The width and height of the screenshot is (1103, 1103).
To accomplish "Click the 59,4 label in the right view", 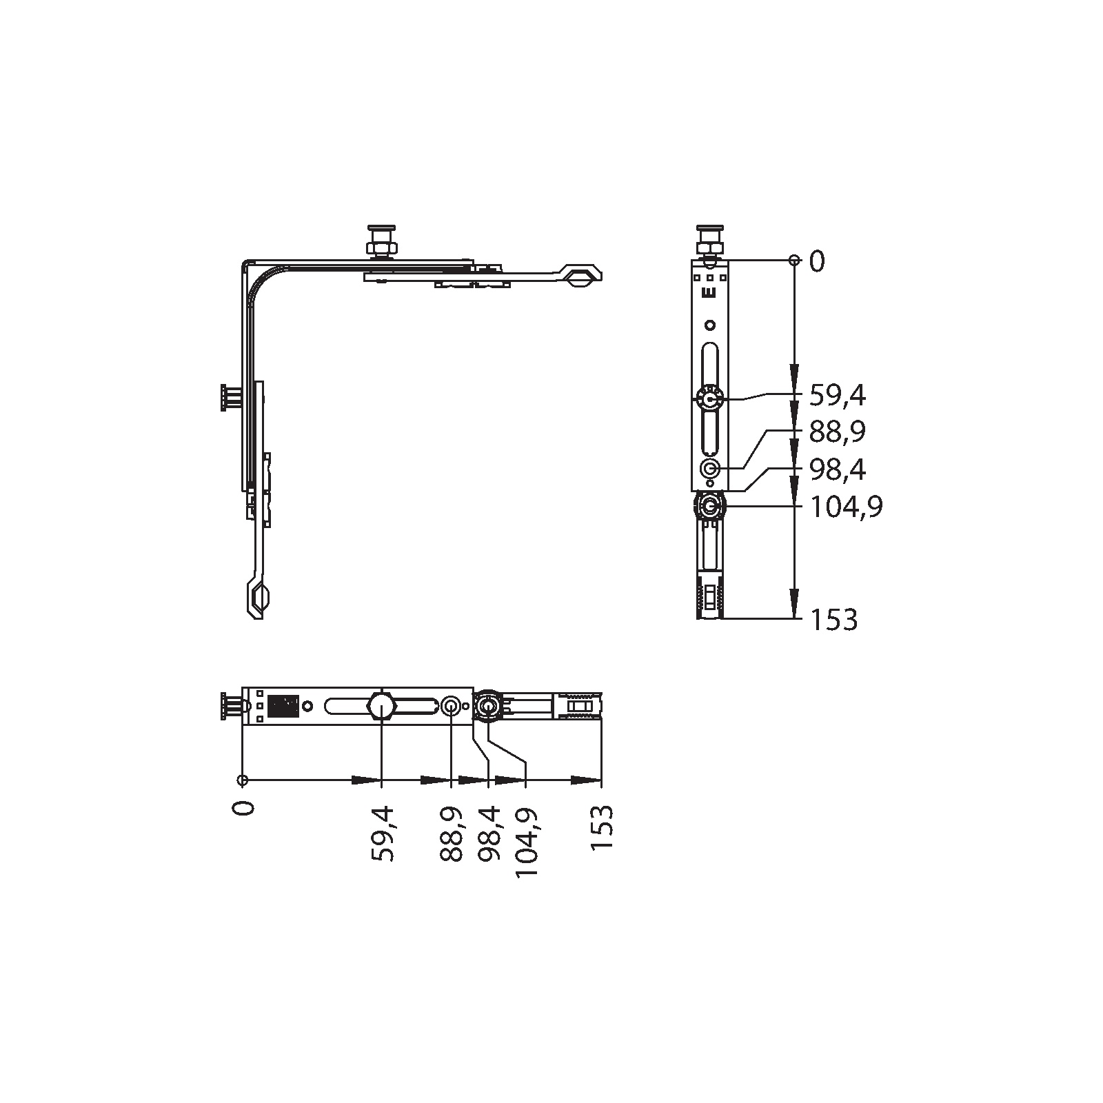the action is point(838,396).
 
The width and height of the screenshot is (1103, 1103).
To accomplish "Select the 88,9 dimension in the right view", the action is point(838,432).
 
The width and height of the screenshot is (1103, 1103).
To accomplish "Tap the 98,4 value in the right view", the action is point(838,469).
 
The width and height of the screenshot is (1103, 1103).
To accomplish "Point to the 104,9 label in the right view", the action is point(846,507).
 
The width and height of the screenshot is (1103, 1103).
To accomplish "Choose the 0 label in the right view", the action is point(816,262).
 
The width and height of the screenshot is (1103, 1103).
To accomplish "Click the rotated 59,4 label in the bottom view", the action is point(384,833).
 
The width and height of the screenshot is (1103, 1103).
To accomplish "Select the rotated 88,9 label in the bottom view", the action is point(452,833).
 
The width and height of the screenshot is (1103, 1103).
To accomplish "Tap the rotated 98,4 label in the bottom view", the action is point(489,833).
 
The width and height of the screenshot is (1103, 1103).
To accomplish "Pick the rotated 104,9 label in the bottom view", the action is point(527,842).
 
